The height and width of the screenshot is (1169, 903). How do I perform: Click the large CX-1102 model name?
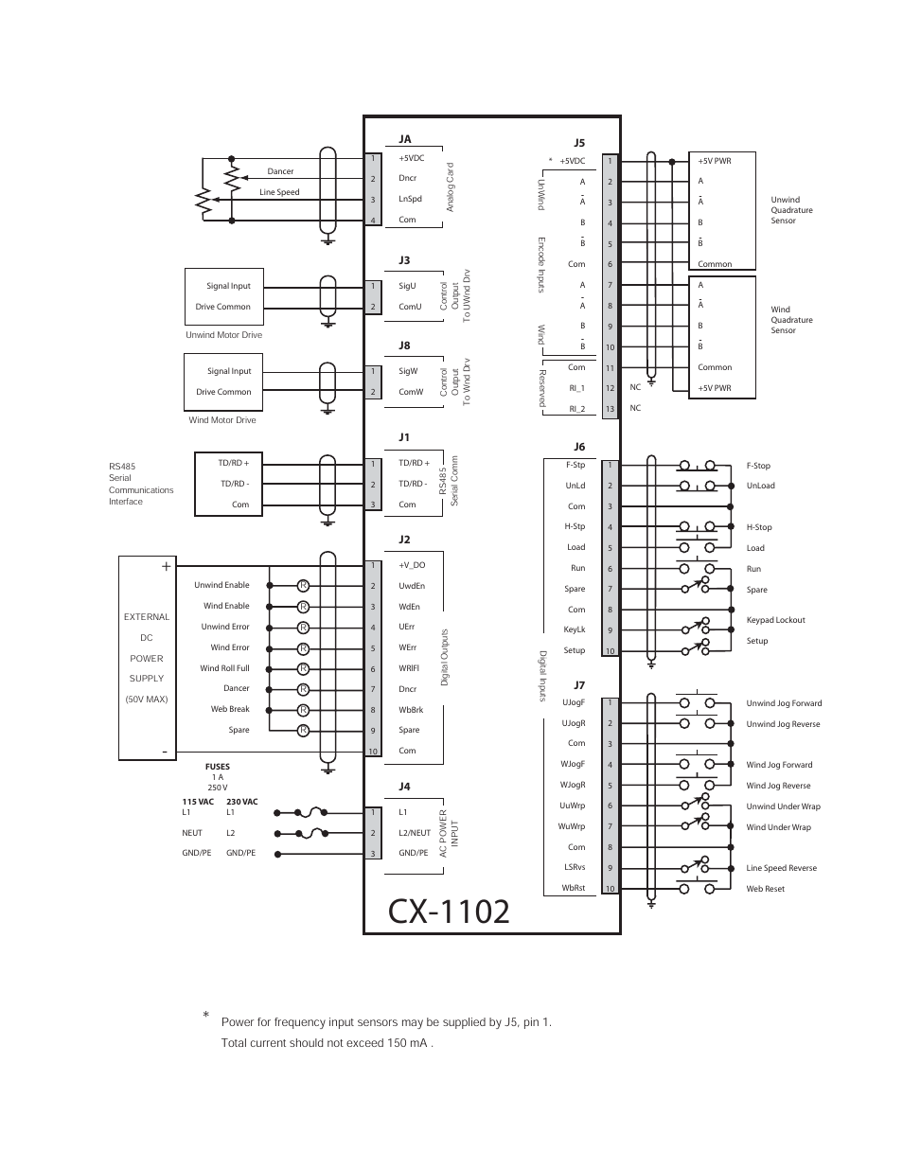(x=449, y=911)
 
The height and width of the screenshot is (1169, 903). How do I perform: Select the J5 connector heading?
(x=579, y=143)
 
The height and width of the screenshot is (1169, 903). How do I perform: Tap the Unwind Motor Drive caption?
(x=223, y=335)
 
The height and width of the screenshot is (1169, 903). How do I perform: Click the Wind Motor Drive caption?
(x=221, y=420)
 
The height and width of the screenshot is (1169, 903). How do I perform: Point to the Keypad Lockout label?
(x=775, y=620)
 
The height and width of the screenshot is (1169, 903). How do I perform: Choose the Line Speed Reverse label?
(x=781, y=868)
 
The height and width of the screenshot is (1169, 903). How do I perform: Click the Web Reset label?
(x=765, y=889)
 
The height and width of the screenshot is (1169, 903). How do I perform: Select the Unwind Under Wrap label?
(x=783, y=806)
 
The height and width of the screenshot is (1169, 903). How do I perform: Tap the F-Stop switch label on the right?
(x=758, y=466)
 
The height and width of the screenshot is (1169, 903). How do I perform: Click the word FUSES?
(x=217, y=767)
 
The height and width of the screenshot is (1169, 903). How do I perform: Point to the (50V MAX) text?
(x=147, y=700)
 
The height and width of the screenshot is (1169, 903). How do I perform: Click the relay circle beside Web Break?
(x=304, y=710)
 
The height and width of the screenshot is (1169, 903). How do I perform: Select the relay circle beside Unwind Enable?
(x=304, y=585)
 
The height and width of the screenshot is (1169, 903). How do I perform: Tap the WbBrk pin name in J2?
(x=411, y=710)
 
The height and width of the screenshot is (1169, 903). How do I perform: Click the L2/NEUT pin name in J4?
(x=414, y=833)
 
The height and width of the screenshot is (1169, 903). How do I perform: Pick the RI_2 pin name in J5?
(x=576, y=409)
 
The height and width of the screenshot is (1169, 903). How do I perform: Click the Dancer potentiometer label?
(x=280, y=171)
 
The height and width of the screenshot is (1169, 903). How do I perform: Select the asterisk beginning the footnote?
(x=205, y=1017)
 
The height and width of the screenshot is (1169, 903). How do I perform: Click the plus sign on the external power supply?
(x=166, y=566)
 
